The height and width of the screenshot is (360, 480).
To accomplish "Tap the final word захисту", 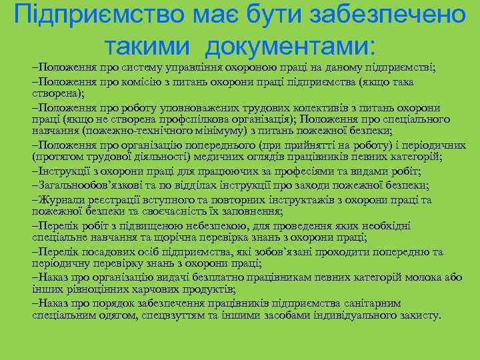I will (417, 315).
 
